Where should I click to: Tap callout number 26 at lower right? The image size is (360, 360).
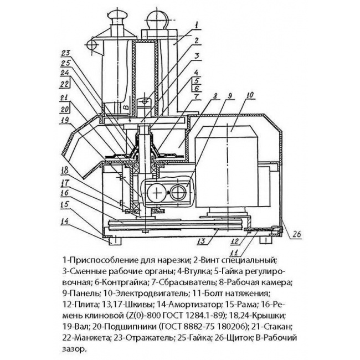click(296, 234)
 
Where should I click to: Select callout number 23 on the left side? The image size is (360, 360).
click(65, 54)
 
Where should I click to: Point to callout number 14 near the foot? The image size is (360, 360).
click(64, 222)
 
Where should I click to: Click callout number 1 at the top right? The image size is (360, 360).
click(196, 25)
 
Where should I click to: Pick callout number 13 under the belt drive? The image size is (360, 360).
click(202, 241)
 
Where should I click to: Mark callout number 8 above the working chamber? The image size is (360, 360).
click(215, 96)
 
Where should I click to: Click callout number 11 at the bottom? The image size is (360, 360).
click(237, 253)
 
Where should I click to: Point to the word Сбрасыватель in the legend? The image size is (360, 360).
click(183, 282)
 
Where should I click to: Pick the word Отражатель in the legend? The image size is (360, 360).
click(150, 338)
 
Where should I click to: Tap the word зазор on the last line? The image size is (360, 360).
click(74, 349)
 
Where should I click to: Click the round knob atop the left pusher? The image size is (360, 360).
click(117, 16)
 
